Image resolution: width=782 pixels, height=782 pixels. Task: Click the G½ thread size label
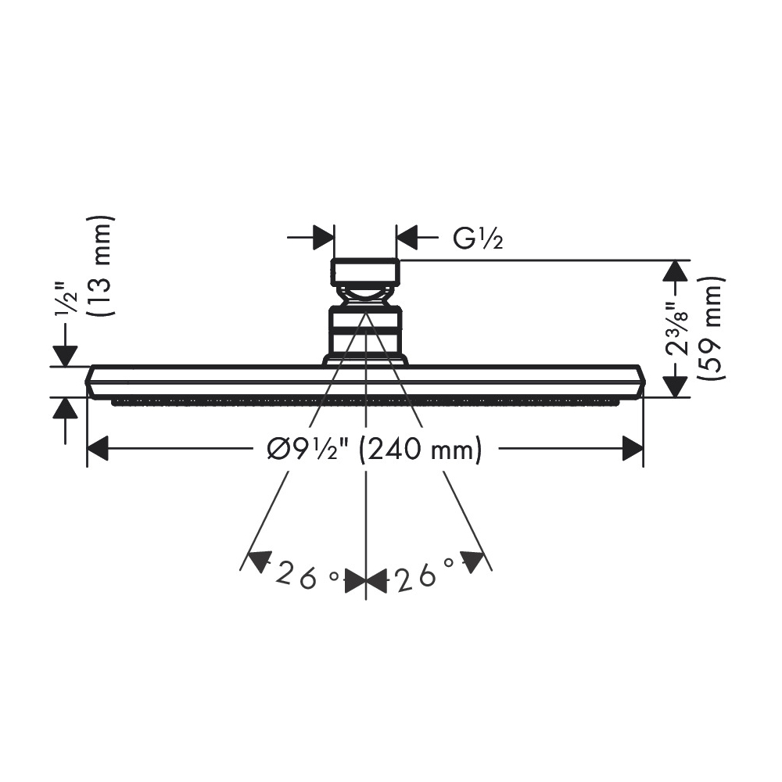(477, 239)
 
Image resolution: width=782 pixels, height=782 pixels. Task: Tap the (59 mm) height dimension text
(711, 328)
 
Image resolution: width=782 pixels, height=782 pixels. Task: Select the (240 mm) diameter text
(421, 449)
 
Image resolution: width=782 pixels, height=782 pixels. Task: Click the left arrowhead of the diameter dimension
(98, 448)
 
